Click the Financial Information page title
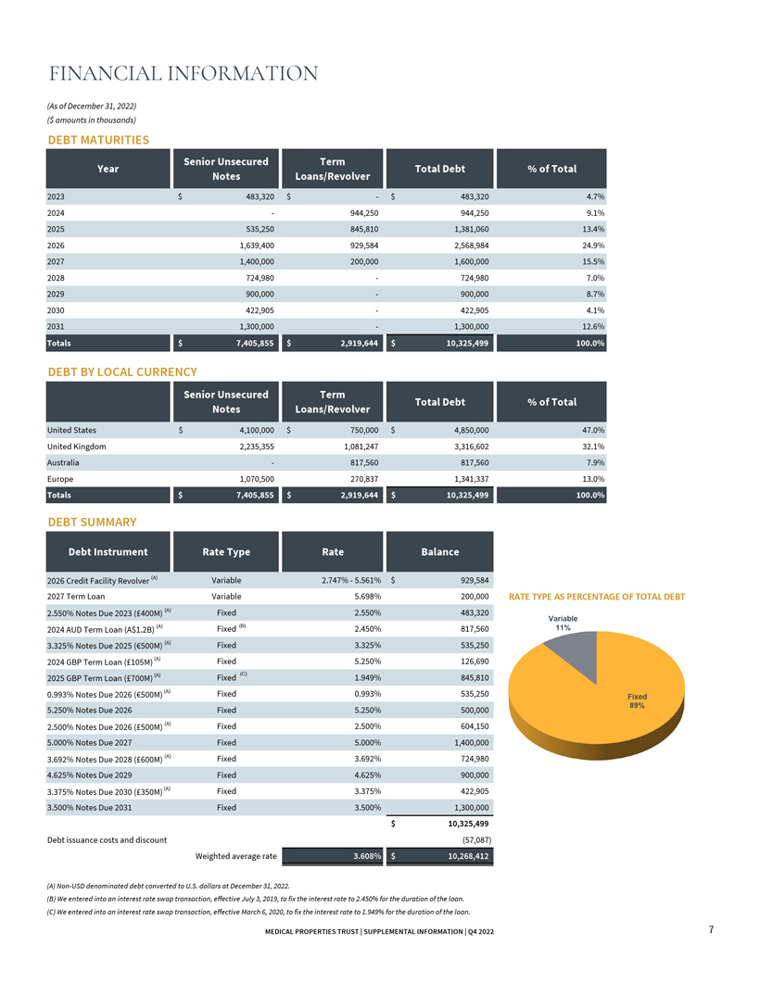(184, 73)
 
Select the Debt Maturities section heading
(98, 140)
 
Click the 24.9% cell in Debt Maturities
(593, 246)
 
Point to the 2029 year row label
(56, 294)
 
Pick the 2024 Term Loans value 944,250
(363, 213)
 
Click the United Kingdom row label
(77, 447)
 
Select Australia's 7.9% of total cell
(596, 462)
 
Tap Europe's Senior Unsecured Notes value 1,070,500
(257, 479)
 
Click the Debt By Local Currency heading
(122, 372)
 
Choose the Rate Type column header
(226, 551)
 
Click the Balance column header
(439, 551)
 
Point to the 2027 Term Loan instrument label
(76, 597)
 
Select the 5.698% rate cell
(367, 597)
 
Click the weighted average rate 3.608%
(367, 856)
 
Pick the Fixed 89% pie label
(637, 701)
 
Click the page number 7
(711, 929)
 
